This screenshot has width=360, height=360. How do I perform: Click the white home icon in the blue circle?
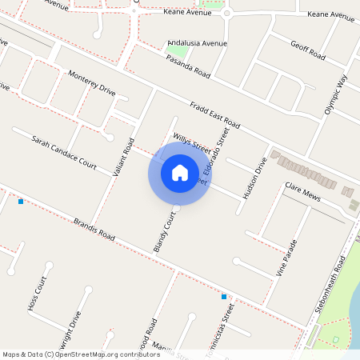180,172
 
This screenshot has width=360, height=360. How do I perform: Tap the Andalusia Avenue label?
198,43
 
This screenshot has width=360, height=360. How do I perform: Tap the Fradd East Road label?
215,116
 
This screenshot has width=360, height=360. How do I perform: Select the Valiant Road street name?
122,157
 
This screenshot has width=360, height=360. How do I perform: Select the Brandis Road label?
94,229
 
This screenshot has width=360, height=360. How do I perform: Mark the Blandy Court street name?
163,233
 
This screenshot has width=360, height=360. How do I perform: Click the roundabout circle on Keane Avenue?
227,14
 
